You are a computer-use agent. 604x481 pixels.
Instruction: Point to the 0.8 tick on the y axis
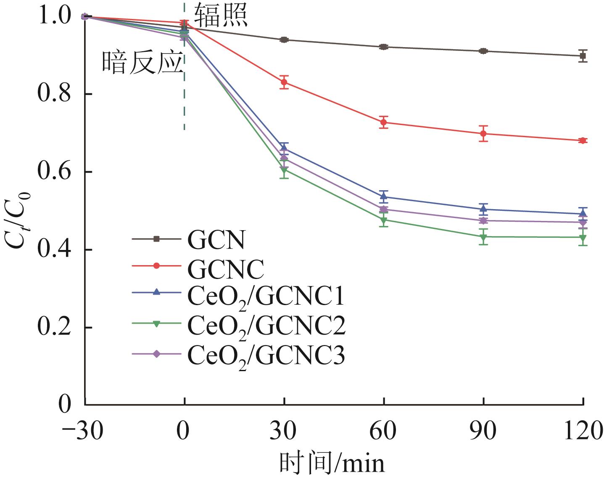click(54, 94)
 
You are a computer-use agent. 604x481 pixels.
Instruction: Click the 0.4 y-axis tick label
click(54, 250)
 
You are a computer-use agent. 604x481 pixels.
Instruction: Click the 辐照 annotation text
click(221, 16)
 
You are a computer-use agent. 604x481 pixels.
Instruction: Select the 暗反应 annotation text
click(143, 63)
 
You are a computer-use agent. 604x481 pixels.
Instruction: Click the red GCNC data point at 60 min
click(383, 122)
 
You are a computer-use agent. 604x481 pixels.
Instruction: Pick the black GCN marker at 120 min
click(583, 56)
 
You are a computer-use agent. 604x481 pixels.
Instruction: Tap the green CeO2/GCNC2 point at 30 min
click(284, 170)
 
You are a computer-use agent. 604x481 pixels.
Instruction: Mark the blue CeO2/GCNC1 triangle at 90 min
click(483, 209)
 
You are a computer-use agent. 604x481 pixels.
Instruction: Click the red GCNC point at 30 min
click(284, 82)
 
